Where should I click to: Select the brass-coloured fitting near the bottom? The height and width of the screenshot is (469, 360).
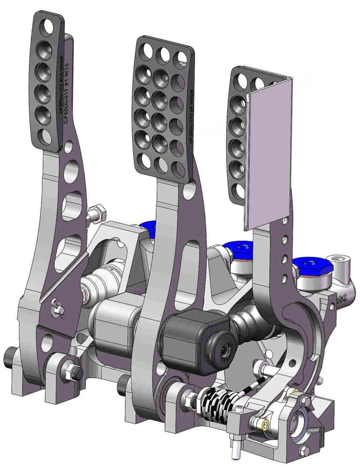click(265, 425)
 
